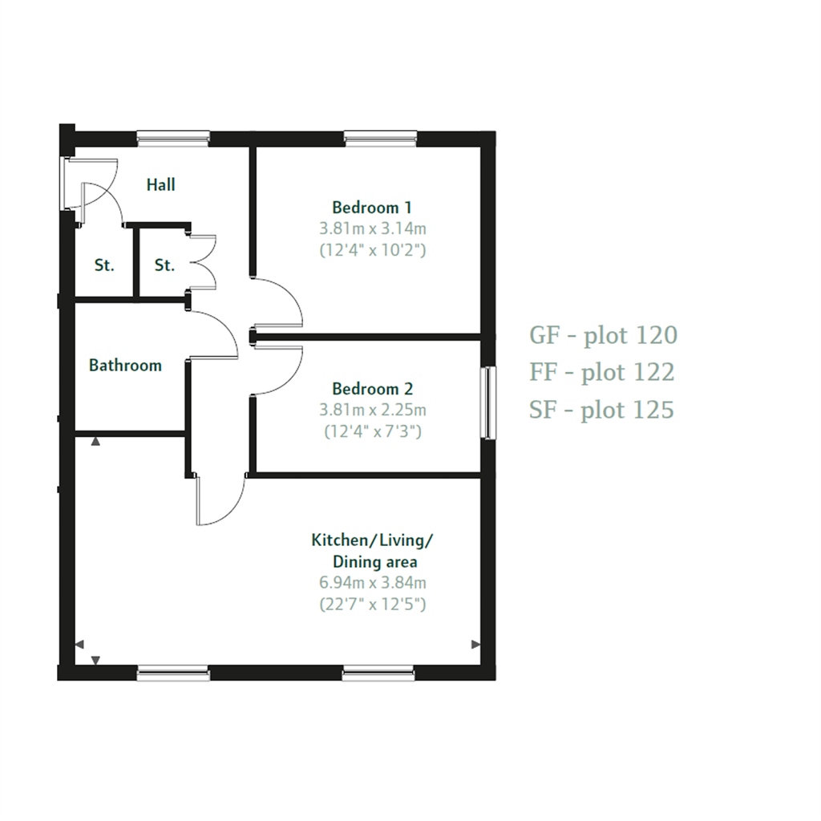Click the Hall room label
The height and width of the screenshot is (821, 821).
[x=160, y=185]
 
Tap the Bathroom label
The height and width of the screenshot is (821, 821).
[x=125, y=366]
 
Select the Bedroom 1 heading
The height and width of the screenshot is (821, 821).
[x=372, y=207]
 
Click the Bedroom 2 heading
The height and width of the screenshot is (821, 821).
[x=372, y=390]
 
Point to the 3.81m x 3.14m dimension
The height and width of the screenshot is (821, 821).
[x=372, y=229]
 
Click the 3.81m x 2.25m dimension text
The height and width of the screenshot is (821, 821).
[x=372, y=410]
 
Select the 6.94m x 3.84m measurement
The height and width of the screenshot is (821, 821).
[x=372, y=583]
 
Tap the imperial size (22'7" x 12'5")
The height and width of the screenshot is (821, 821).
[x=372, y=604]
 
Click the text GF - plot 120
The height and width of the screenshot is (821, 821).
[x=603, y=334]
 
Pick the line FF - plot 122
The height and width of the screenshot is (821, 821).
[x=601, y=372]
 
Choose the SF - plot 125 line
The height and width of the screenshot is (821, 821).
[x=601, y=410]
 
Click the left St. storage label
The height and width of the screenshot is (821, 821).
[x=104, y=265]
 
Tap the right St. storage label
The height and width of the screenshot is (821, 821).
[x=164, y=265]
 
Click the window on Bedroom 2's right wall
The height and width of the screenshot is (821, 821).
[x=487, y=402]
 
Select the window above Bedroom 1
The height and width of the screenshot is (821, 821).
[x=381, y=139]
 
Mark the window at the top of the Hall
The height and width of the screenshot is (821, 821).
[x=173, y=139]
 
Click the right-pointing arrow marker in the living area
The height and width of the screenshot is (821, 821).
[x=475, y=645]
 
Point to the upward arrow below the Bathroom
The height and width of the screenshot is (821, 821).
[x=95, y=441]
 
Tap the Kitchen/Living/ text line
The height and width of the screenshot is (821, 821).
[x=372, y=540]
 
